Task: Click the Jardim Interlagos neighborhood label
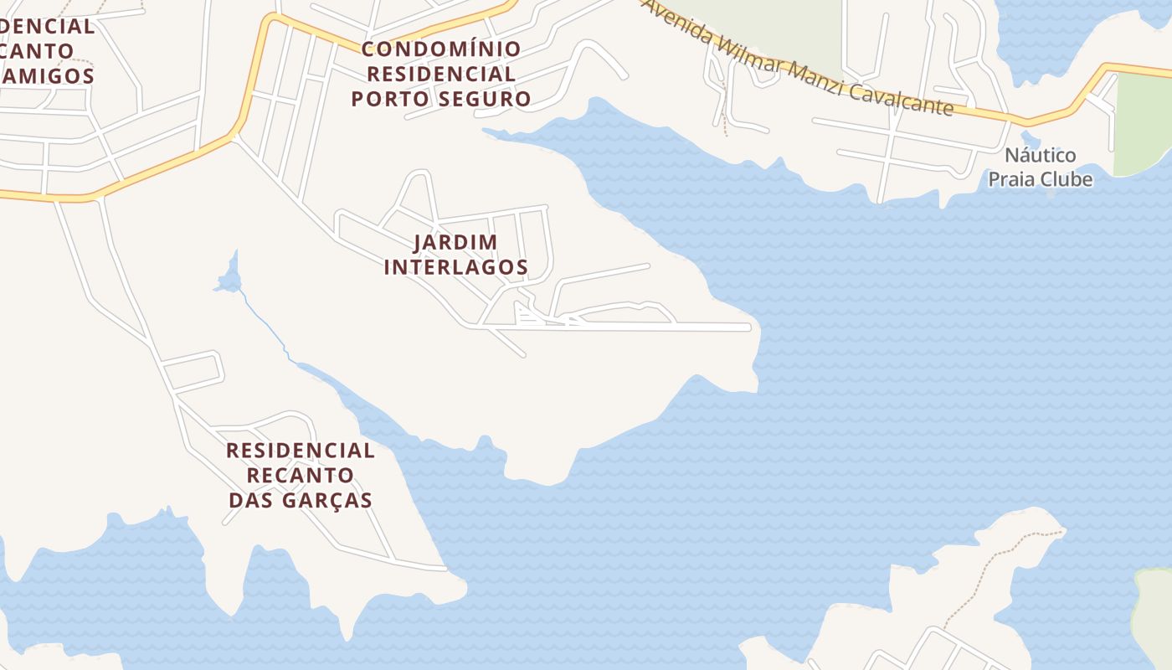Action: click(x=455, y=255)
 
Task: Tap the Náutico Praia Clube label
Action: click(x=1041, y=167)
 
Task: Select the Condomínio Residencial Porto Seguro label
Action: click(x=441, y=74)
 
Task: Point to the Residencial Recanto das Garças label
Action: click(x=301, y=475)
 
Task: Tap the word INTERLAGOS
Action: click(x=455, y=267)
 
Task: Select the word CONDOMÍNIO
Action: click(x=441, y=49)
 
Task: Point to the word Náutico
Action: click(x=1041, y=156)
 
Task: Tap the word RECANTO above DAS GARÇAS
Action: click(x=301, y=475)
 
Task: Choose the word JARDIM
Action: click(x=455, y=242)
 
